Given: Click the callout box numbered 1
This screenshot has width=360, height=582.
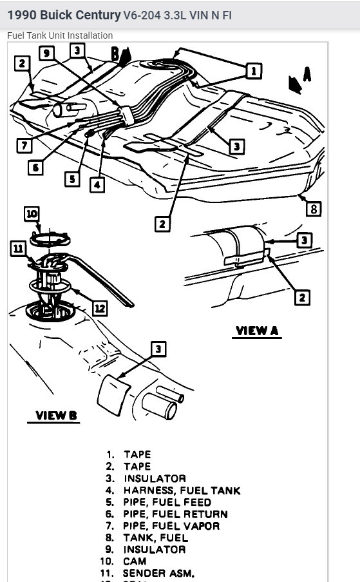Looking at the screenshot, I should [254, 70].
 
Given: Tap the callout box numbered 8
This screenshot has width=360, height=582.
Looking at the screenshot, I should [314, 209].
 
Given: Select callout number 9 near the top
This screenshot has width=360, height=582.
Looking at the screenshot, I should [46, 53].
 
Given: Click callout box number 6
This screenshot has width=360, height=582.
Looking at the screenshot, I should [35, 168].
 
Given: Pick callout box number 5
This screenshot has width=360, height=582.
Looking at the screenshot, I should [73, 179].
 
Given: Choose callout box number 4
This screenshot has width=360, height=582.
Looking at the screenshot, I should [97, 184].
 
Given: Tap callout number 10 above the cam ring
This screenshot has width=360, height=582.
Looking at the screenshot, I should [32, 213].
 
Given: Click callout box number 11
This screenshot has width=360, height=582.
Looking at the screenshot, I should [17, 247].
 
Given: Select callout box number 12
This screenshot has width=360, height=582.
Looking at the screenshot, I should [99, 309].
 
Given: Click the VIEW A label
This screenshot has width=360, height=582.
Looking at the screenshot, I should [256, 331].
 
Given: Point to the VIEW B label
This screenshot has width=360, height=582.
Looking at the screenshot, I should [56, 416].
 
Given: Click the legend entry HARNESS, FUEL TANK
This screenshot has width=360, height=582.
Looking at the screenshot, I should [182, 490].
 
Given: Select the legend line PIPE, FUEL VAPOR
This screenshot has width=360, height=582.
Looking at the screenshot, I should [171, 526].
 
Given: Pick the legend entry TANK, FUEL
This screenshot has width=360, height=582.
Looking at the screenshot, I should [156, 538].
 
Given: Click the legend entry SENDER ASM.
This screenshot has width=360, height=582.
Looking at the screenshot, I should [159, 573].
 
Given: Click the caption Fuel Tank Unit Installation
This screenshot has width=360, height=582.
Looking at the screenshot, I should [60, 35].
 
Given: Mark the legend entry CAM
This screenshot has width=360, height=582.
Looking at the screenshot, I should [135, 561].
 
